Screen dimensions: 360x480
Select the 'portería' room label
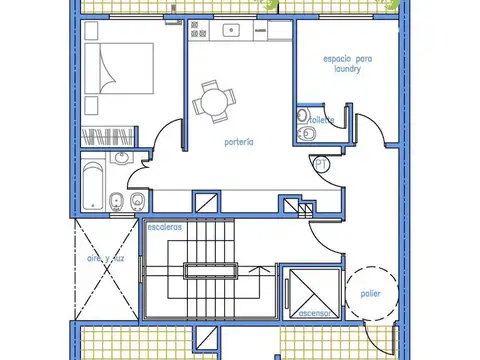pyautogui.click(x=238, y=142)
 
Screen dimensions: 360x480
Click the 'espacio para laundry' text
pyautogui.click(x=341, y=65)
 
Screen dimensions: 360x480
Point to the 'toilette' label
pyautogui.click(x=322, y=120)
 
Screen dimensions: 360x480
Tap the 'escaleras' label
pyautogui.click(x=164, y=227)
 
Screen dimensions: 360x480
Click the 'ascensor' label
pyautogui.click(x=315, y=314)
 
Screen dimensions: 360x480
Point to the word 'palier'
pyautogui.click(x=370, y=293)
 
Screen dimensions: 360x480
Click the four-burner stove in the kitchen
pyautogui.click(x=198, y=31)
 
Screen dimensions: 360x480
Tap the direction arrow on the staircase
pyautogui.click(x=261, y=268)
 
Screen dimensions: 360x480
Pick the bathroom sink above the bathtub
pyautogui.click(x=122, y=158)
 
